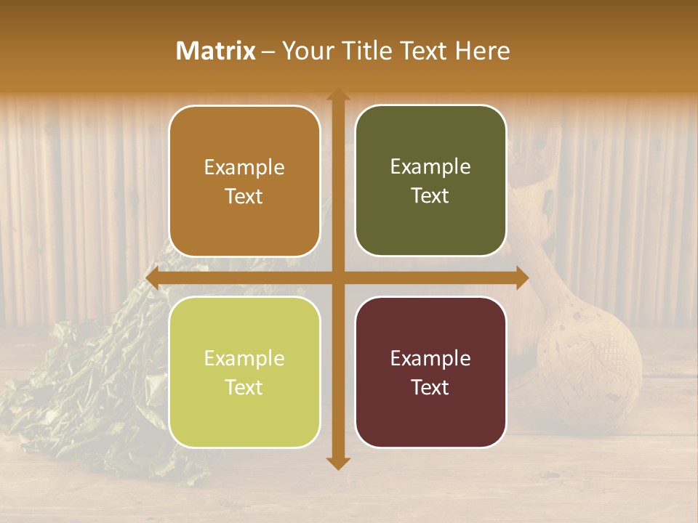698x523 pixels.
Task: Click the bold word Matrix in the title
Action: click(x=216, y=51)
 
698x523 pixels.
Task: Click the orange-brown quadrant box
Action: click(x=244, y=181)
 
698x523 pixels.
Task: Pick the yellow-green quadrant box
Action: click(x=244, y=372)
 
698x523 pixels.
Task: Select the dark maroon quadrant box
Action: click(x=430, y=372)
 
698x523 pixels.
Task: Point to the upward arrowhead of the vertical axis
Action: click(x=337, y=95)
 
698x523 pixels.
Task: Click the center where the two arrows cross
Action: click(x=337, y=278)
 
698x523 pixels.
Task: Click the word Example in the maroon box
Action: click(x=430, y=358)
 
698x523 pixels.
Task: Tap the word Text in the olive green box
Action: click(x=430, y=195)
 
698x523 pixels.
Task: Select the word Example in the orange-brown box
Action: click(x=244, y=167)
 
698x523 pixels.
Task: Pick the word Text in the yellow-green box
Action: click(x=244, y=387)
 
